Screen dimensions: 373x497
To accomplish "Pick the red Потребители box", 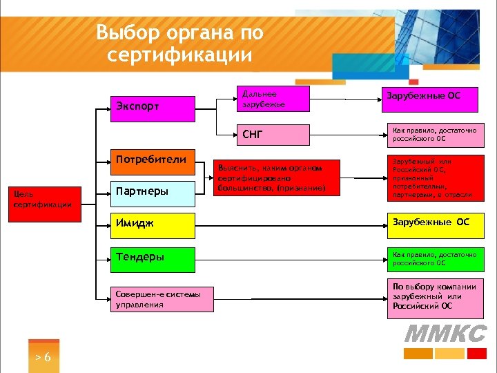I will coord(153,160).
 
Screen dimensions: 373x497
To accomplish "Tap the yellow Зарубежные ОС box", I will coord(431,222).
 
